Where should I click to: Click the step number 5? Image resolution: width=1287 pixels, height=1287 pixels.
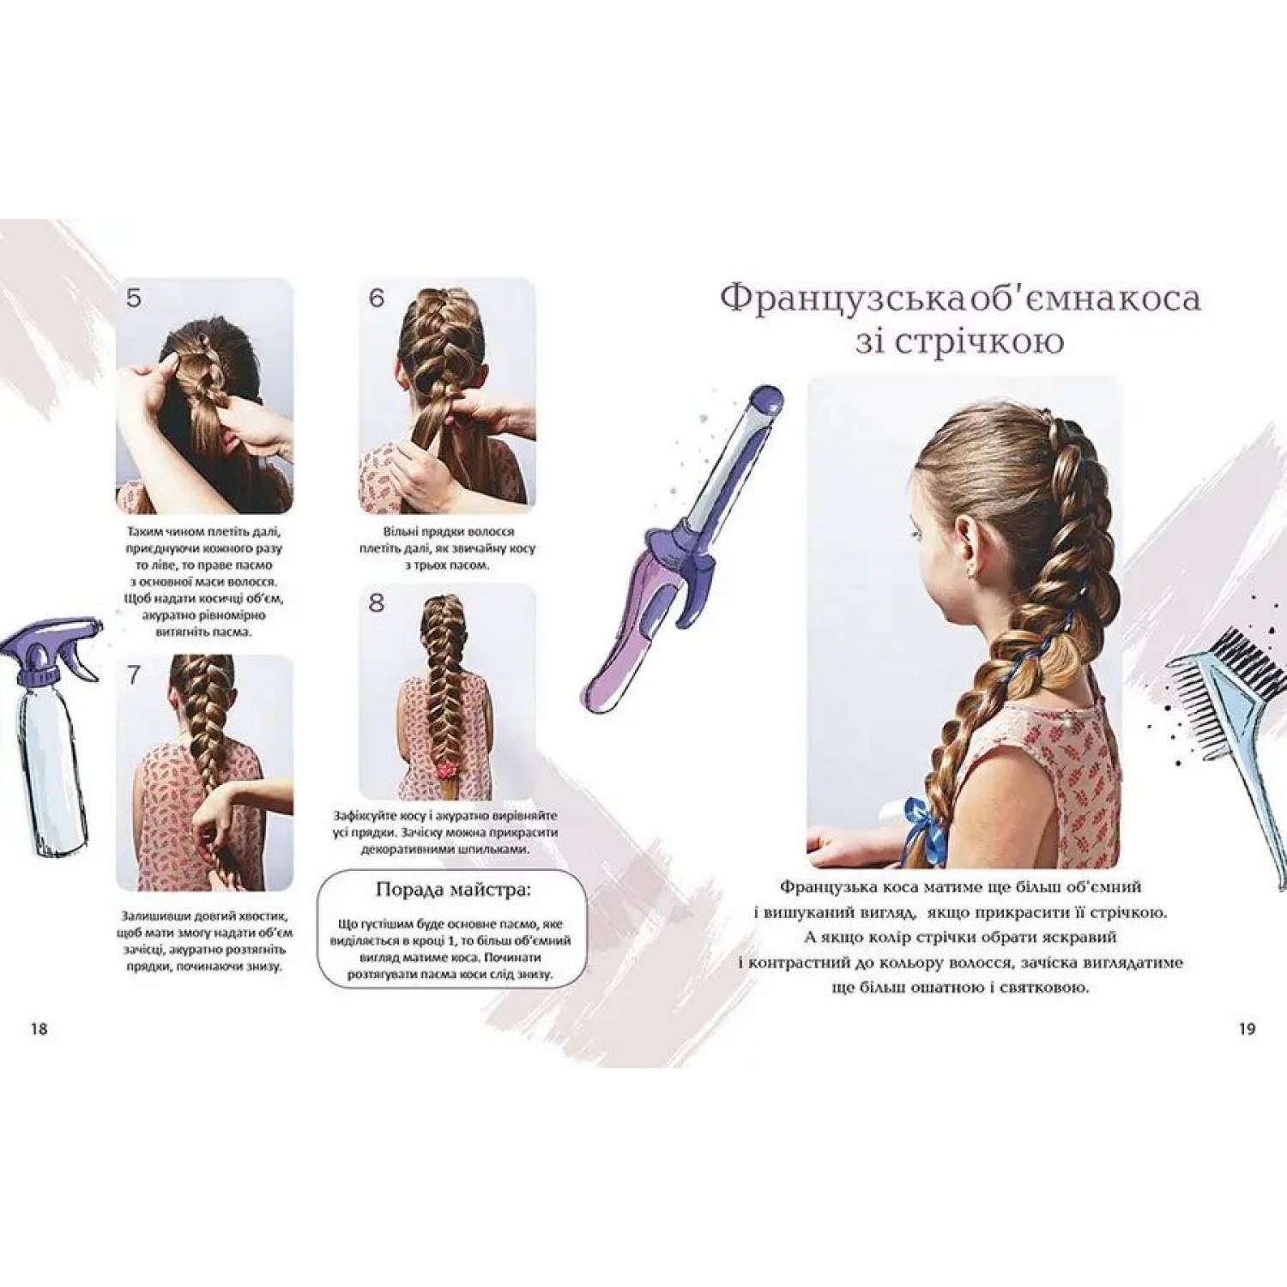[133, 299]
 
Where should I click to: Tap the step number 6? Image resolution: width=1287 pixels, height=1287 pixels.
[377, 299]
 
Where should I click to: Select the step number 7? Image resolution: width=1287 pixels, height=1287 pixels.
[134, 675]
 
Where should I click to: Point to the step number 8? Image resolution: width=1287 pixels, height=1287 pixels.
[377, 603]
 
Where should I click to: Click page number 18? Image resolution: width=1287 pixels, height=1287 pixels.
[39, 1029]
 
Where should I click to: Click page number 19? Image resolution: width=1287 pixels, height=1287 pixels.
[1247, 1029]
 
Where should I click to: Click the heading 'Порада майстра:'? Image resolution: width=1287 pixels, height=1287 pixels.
[453, 889]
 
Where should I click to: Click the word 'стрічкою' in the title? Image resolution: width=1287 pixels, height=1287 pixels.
[990, 341]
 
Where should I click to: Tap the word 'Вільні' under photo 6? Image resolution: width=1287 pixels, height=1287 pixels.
[402, 532]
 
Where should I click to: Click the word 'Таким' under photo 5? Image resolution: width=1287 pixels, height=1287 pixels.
[145, 532]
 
